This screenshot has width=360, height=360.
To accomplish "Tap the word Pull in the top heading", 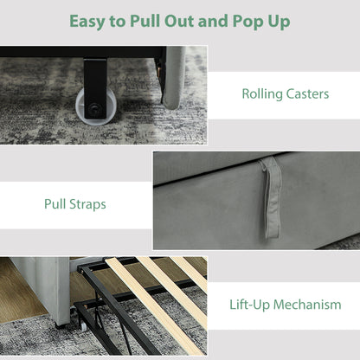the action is click(145, 21).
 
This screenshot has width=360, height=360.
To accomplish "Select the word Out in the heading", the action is click(179, 21).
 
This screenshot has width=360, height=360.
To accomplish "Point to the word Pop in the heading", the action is click(245, 22).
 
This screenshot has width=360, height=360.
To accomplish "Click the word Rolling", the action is click(262, 94).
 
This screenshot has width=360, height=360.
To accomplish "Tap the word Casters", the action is click(307, 94).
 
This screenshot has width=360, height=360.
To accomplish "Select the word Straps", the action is click(87, 204).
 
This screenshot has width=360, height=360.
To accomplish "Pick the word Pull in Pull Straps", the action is click(55, 204).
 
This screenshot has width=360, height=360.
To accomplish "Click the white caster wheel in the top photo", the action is click(96, 106).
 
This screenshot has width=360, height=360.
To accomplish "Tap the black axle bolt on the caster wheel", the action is click(93, 109).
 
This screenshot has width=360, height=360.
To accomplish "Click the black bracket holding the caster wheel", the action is click(95, 87).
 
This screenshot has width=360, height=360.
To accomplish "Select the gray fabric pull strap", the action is click(271, 197).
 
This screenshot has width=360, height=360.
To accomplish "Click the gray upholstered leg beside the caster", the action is click(172, 77).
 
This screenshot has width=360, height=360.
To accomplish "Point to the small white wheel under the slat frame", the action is click(83, 326).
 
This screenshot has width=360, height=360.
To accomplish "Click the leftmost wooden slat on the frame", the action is click(155, 306).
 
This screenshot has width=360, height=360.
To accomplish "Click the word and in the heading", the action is click(213, 21).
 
